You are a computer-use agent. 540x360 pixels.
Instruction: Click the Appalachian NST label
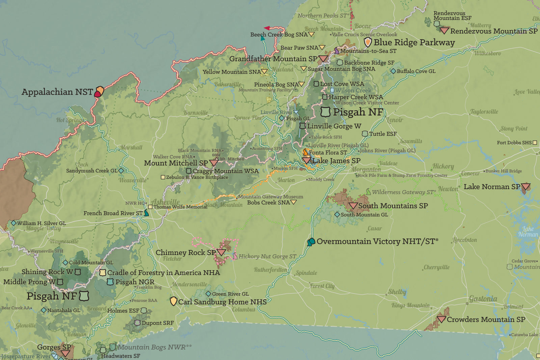pos(57,92)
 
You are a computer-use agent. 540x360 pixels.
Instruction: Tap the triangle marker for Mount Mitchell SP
pos(214,163)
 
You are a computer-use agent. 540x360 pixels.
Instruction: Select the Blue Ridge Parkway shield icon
pos(368,43)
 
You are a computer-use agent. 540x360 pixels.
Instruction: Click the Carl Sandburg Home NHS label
pos(222,302)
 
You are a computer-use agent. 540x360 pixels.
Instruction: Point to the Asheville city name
pos(165,202)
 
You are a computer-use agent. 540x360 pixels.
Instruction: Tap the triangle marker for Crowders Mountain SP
pos(441,319)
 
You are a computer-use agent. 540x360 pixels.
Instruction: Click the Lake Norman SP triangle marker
pos(525,187)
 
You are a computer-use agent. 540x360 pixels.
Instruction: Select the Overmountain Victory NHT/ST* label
pos(377,241)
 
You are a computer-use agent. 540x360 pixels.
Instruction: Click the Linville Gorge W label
pos(334,126)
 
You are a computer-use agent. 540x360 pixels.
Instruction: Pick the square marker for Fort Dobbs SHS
pos(535,143)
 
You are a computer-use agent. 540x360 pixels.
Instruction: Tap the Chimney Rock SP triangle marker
pos(221,252)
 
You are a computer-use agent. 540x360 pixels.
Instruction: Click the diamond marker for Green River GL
pos(208,294)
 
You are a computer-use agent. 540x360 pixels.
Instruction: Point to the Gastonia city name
pos(483,299)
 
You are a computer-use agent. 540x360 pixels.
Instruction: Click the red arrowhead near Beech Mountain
pos(267,28)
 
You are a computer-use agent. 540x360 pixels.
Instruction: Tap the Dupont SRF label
pos(158,323)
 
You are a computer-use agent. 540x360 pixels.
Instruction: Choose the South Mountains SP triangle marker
pos(353,205)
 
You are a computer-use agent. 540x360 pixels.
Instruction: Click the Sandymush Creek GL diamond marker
pos(121,171)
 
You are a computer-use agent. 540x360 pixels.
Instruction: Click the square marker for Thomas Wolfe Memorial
pos(150,207)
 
